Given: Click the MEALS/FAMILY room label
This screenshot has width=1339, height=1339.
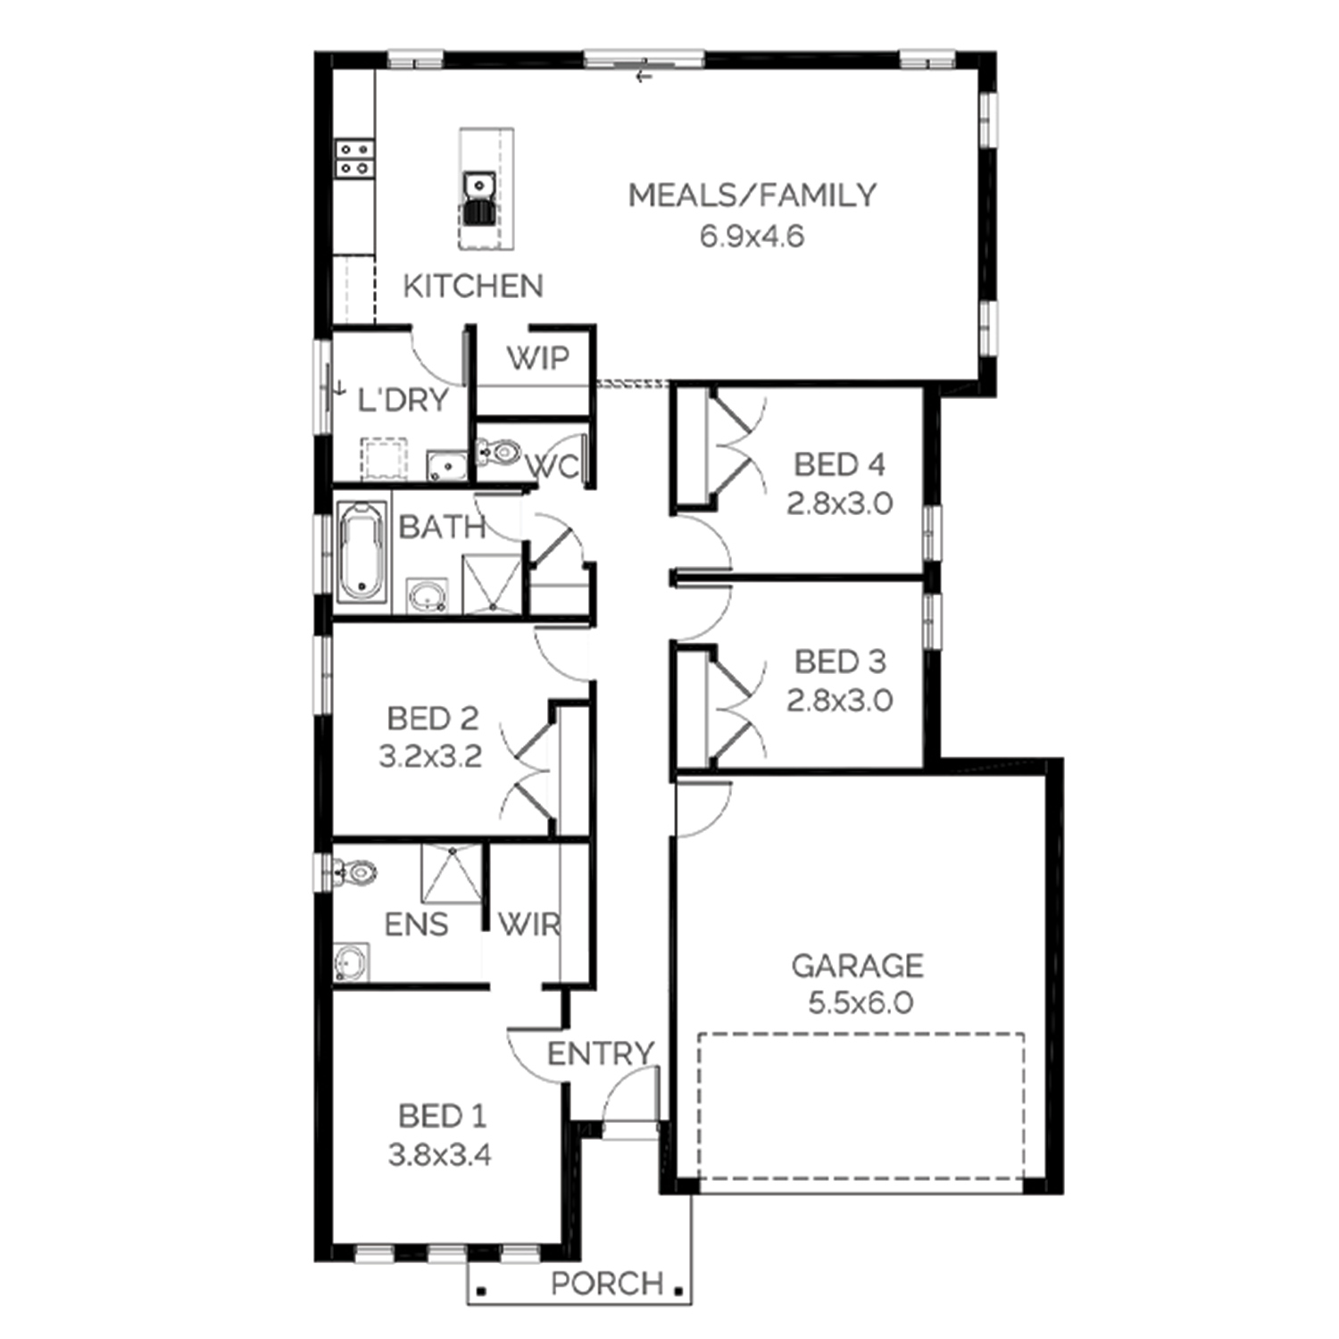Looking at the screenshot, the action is (x=753, y=195).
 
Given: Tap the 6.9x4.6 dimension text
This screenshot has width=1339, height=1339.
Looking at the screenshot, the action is (x=752, y=236).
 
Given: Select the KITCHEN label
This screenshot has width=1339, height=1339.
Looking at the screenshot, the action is (x=473, y=287).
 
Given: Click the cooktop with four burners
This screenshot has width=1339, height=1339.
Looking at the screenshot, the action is (x=353, y=158).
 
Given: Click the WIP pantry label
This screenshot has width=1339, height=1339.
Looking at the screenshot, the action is (x=537, y=358).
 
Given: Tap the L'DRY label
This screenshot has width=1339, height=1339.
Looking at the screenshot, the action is (x=403, y=400).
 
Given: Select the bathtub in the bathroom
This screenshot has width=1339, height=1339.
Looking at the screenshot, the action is (x=362, y=551).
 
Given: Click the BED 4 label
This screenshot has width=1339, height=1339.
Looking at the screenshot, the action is (x=839, y=464).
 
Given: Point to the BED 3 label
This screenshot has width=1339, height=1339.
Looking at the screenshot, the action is (x=840, y=661).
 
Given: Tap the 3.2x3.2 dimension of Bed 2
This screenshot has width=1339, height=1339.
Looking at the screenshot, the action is (x=430, y=757).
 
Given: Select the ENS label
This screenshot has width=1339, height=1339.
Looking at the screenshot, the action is (x=416, y=925).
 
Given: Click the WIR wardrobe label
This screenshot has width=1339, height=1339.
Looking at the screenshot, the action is (x=528, y=925).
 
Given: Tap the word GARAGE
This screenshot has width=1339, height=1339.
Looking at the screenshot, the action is (x=858, y=965).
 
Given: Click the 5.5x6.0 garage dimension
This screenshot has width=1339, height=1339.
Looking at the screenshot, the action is (x=861, y=1003).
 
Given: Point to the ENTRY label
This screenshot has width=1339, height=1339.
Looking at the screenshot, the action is (x=601, y=1054).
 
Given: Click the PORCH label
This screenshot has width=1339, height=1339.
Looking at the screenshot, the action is (x=607, y=1284).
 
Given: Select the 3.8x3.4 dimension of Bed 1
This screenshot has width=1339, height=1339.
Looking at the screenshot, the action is (x=439, y=1155).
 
